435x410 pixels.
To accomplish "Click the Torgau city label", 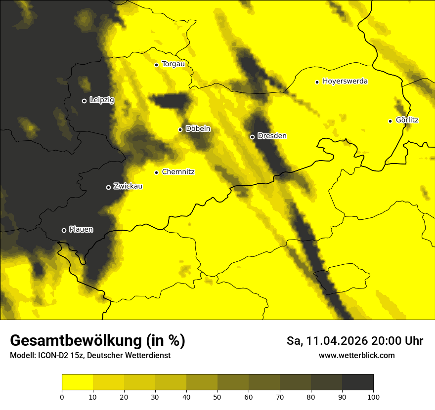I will [173, 64].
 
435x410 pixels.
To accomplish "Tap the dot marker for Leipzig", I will [84, 101].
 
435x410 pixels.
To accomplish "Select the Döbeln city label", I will [198, 129].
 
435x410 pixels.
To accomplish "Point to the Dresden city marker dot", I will [252, 137].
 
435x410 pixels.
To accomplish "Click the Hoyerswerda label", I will [345, 81].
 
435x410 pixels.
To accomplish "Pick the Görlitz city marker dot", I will [390, 121].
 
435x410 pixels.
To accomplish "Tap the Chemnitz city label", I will [178, 172].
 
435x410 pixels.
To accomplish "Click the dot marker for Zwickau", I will [109, 187].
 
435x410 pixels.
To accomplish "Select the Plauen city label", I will [81, 229].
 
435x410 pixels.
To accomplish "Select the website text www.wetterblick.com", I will [356, 355].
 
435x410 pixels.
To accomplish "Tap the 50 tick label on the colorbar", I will [217, 396].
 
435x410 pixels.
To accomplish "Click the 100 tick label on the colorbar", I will [373, 396].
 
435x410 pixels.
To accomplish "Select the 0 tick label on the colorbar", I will [62, 396].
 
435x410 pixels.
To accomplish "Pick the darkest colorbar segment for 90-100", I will [357, 382].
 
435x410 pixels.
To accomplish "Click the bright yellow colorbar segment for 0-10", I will [77, 382].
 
